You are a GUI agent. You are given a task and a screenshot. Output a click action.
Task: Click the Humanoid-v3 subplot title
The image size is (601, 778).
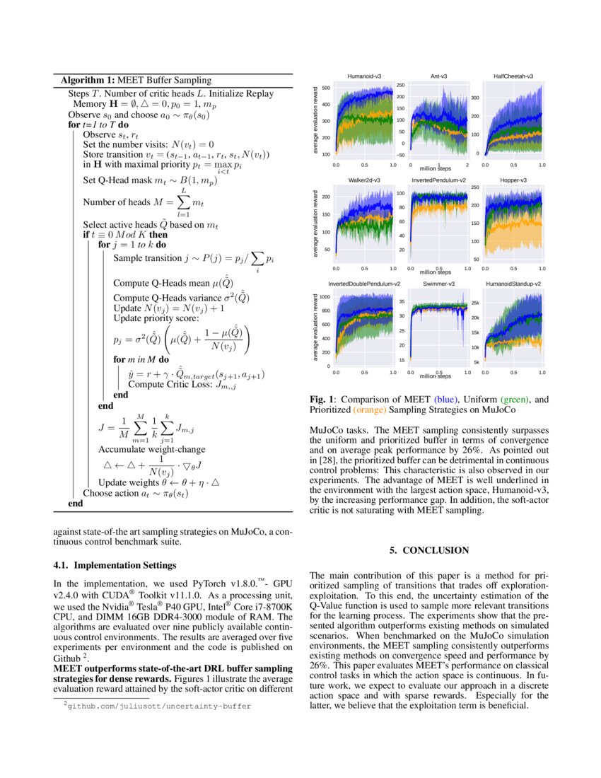click(364, 76)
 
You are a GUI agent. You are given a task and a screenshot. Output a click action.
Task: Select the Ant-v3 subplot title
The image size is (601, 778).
click(438, 76)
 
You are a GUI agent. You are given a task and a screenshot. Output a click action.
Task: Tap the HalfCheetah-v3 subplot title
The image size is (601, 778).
click(513, 76)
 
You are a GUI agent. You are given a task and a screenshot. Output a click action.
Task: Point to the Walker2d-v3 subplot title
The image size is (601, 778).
click(364, 180)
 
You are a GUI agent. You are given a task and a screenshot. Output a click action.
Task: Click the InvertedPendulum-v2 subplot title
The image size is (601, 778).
click(438, 180)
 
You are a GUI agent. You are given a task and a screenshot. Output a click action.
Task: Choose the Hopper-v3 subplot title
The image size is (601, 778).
click(513, 180)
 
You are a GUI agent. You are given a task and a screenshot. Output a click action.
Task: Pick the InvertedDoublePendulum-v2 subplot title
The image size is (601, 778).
click(364, 284)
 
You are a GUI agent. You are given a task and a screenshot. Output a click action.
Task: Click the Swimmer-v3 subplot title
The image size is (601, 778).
click(438, 284)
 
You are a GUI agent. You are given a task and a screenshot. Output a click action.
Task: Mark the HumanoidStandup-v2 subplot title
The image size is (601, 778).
click(513, 284)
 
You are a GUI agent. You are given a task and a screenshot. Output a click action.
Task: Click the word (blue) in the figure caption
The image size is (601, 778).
click(447, 400)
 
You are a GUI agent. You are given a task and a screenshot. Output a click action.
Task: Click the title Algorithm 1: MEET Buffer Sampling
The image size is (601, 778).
click(136, 80)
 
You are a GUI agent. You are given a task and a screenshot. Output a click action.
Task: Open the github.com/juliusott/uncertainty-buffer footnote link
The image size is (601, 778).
click(158, 705)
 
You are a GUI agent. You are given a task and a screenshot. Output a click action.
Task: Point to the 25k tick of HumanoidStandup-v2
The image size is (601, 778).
click(476, 303)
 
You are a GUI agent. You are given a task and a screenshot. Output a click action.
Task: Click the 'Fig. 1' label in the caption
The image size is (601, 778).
click(322, 400)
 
